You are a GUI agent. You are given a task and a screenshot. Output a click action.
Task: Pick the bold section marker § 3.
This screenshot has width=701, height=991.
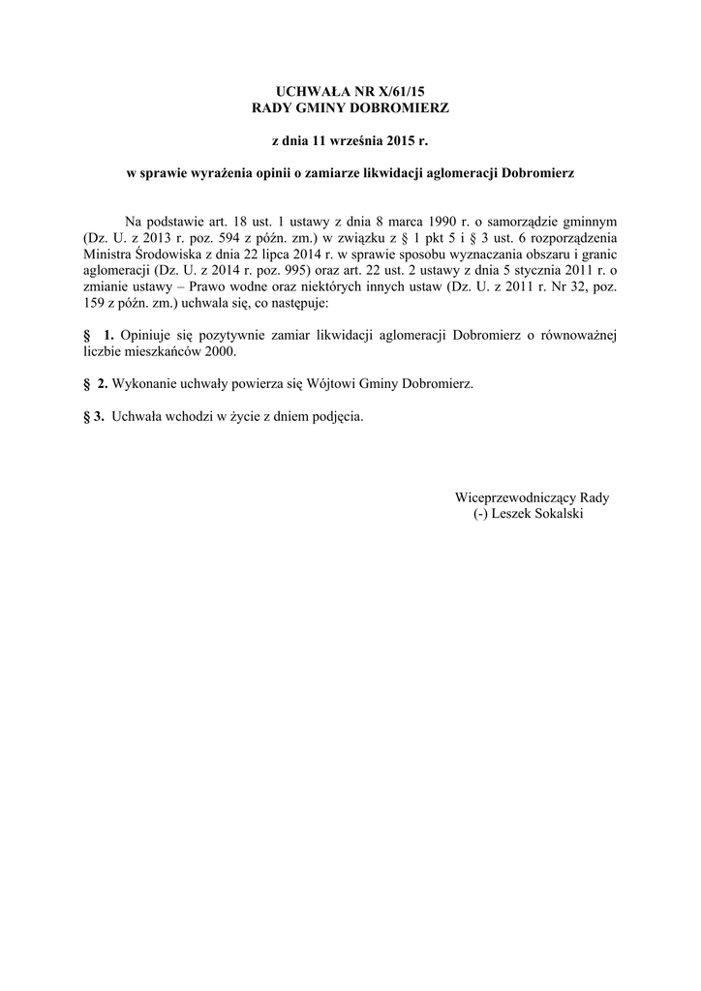pyautogui.click(x=94, y=417)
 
